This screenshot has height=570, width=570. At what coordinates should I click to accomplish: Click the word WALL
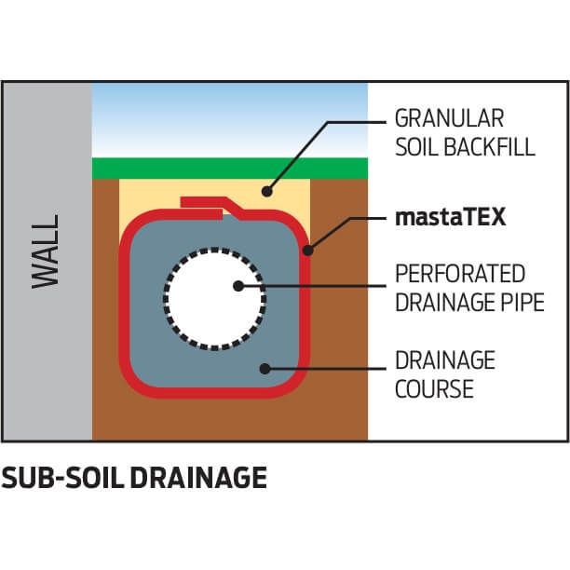pyautogui.click(x=46, y=251)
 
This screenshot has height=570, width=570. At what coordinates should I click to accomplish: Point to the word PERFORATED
pyautogui.click(x=460, y=275)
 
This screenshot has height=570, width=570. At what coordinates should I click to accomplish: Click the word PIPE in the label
pyautogui.click(x=522, y=303)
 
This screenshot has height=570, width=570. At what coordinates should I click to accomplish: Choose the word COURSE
pyautogui.click(x=433, y=387)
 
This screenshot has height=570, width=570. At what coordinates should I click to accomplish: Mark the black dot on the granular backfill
pyautogui.click(x=266, y=193)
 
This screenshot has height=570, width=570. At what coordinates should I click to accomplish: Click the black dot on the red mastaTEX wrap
pyautogui.click(x=308, y=250)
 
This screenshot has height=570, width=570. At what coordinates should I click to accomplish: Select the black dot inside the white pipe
pyautogui.click(x=238, y=287)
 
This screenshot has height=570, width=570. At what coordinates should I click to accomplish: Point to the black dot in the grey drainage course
pyautogui.click(x=265, y=368)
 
